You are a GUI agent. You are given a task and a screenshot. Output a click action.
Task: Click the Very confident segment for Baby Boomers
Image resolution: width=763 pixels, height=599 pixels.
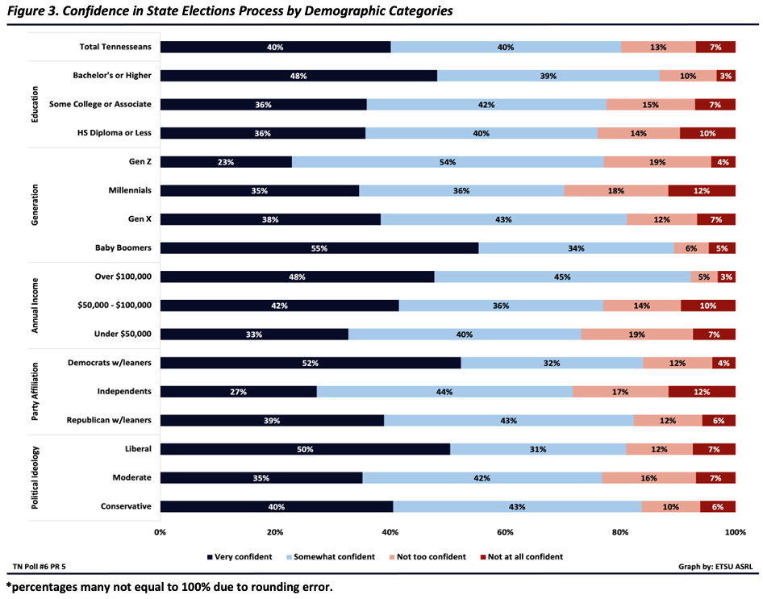point(319,248)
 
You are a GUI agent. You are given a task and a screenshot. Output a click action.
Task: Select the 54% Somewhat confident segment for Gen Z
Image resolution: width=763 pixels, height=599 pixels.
point(448,162)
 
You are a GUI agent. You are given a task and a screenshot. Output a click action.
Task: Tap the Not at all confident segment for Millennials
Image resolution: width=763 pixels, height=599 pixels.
point(702,191)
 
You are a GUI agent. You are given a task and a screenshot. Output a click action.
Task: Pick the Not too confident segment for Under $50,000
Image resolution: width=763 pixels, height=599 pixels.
point(636,335)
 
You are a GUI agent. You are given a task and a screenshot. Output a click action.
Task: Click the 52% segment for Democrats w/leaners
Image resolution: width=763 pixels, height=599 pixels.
point(310,363)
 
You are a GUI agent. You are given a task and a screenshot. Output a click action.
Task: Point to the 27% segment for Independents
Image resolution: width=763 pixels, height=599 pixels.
point(238,392)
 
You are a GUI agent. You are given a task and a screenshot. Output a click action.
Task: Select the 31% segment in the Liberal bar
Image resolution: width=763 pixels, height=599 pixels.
point(538,449)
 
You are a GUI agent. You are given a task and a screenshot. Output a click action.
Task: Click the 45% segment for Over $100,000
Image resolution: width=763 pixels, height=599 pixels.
point(562,277)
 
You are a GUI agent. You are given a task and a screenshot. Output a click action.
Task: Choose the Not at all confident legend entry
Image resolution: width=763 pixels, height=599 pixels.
point(521,556)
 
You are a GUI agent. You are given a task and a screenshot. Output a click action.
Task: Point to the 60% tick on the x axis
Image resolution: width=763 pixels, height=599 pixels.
point(506,532)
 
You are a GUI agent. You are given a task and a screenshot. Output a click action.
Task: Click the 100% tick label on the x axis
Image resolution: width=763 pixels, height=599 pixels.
point(735,532)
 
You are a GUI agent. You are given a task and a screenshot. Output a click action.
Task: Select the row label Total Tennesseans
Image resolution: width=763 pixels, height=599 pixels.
point(115,47)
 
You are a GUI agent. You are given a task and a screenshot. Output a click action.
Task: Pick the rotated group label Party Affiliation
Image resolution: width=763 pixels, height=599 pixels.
point(35,391)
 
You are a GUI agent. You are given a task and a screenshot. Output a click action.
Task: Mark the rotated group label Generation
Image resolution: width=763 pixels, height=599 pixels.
point(35,205)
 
